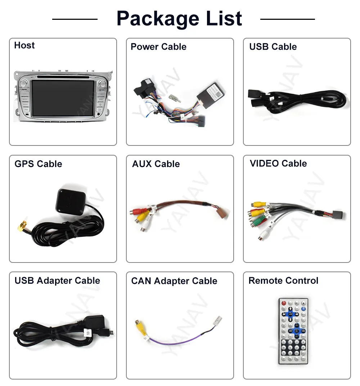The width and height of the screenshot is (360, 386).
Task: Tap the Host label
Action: [x=24, y=45]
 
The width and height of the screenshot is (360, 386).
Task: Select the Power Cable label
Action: [x=158, y=47]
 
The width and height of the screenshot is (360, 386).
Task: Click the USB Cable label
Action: [x=273, y=47]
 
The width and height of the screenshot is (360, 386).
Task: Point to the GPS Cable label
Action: [x=38, y=164]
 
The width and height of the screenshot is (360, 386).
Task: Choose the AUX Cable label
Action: [x=156, y=164]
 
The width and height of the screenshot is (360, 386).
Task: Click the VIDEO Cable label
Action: [x=278, y=163]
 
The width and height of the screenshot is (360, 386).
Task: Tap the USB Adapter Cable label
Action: [x=57, y=281]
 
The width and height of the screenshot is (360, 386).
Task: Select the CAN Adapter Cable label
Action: [x=174, y=281]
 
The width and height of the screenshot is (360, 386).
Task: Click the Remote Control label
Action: [x=283, y=281]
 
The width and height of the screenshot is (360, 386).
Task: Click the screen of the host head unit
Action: [x=63, y=98]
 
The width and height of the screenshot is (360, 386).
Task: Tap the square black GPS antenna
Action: [x=71, y=201]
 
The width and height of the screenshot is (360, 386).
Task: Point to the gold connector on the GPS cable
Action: [x=22, y=226]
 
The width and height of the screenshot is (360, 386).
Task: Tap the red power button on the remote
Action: [x=284, y=304]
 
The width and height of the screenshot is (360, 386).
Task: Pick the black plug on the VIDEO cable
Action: [x=338, y=215]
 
